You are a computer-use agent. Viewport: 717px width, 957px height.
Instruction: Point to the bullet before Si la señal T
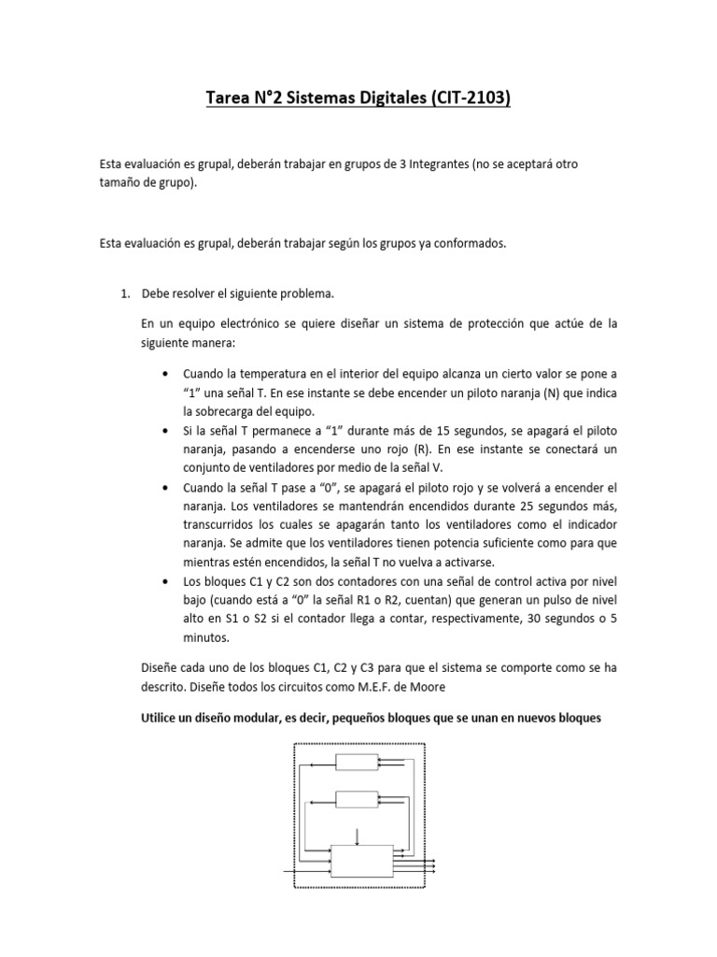165,430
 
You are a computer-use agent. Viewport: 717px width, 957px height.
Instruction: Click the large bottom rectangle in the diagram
362,861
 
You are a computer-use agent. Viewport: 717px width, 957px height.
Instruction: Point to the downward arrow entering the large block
356,835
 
